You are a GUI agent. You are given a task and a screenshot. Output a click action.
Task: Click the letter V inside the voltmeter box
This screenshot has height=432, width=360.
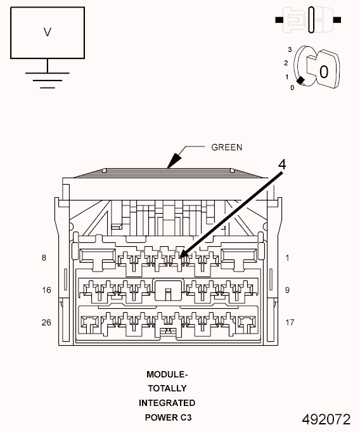pos(48,32)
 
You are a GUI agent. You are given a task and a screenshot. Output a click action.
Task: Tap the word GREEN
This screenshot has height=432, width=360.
pos(226,147)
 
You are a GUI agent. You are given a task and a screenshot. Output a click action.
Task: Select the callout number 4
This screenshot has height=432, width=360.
pos(282,165)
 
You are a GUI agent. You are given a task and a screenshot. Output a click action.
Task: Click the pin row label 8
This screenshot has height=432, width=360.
pos(44,258)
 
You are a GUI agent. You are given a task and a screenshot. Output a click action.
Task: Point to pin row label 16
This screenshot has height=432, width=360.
pos(46,290)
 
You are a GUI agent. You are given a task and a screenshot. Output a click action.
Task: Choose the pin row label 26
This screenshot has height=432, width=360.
pos(46,322)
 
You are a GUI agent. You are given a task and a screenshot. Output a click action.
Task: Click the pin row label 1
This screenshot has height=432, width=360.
pos(287,258)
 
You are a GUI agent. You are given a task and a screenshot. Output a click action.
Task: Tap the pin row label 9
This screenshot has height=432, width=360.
pos(287,290)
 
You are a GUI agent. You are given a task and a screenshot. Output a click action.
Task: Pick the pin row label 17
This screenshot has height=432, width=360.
pos(290,322)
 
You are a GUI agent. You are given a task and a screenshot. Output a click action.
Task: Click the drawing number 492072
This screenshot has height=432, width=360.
pos(326,419)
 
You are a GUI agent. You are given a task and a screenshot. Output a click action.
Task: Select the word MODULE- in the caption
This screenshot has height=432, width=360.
pos(167,374)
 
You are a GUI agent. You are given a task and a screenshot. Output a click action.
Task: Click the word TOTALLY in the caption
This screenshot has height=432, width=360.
pos(167,388)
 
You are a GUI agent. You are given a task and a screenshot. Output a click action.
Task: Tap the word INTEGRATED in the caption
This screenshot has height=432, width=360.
pos(167,403)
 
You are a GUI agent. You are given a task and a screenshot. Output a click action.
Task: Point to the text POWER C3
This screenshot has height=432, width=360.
pos(168,417)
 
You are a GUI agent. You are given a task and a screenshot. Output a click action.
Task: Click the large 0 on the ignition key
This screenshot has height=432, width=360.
pos(324,72)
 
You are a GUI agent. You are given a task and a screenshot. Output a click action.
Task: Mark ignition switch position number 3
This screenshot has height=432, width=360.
pos(290,49)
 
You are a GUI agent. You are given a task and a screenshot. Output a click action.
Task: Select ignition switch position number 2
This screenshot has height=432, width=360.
pos(286,63)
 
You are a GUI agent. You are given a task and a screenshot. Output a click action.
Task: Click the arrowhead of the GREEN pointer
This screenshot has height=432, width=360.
pos(174,161)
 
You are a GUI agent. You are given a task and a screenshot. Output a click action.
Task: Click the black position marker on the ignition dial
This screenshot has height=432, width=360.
pos(300,81)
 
